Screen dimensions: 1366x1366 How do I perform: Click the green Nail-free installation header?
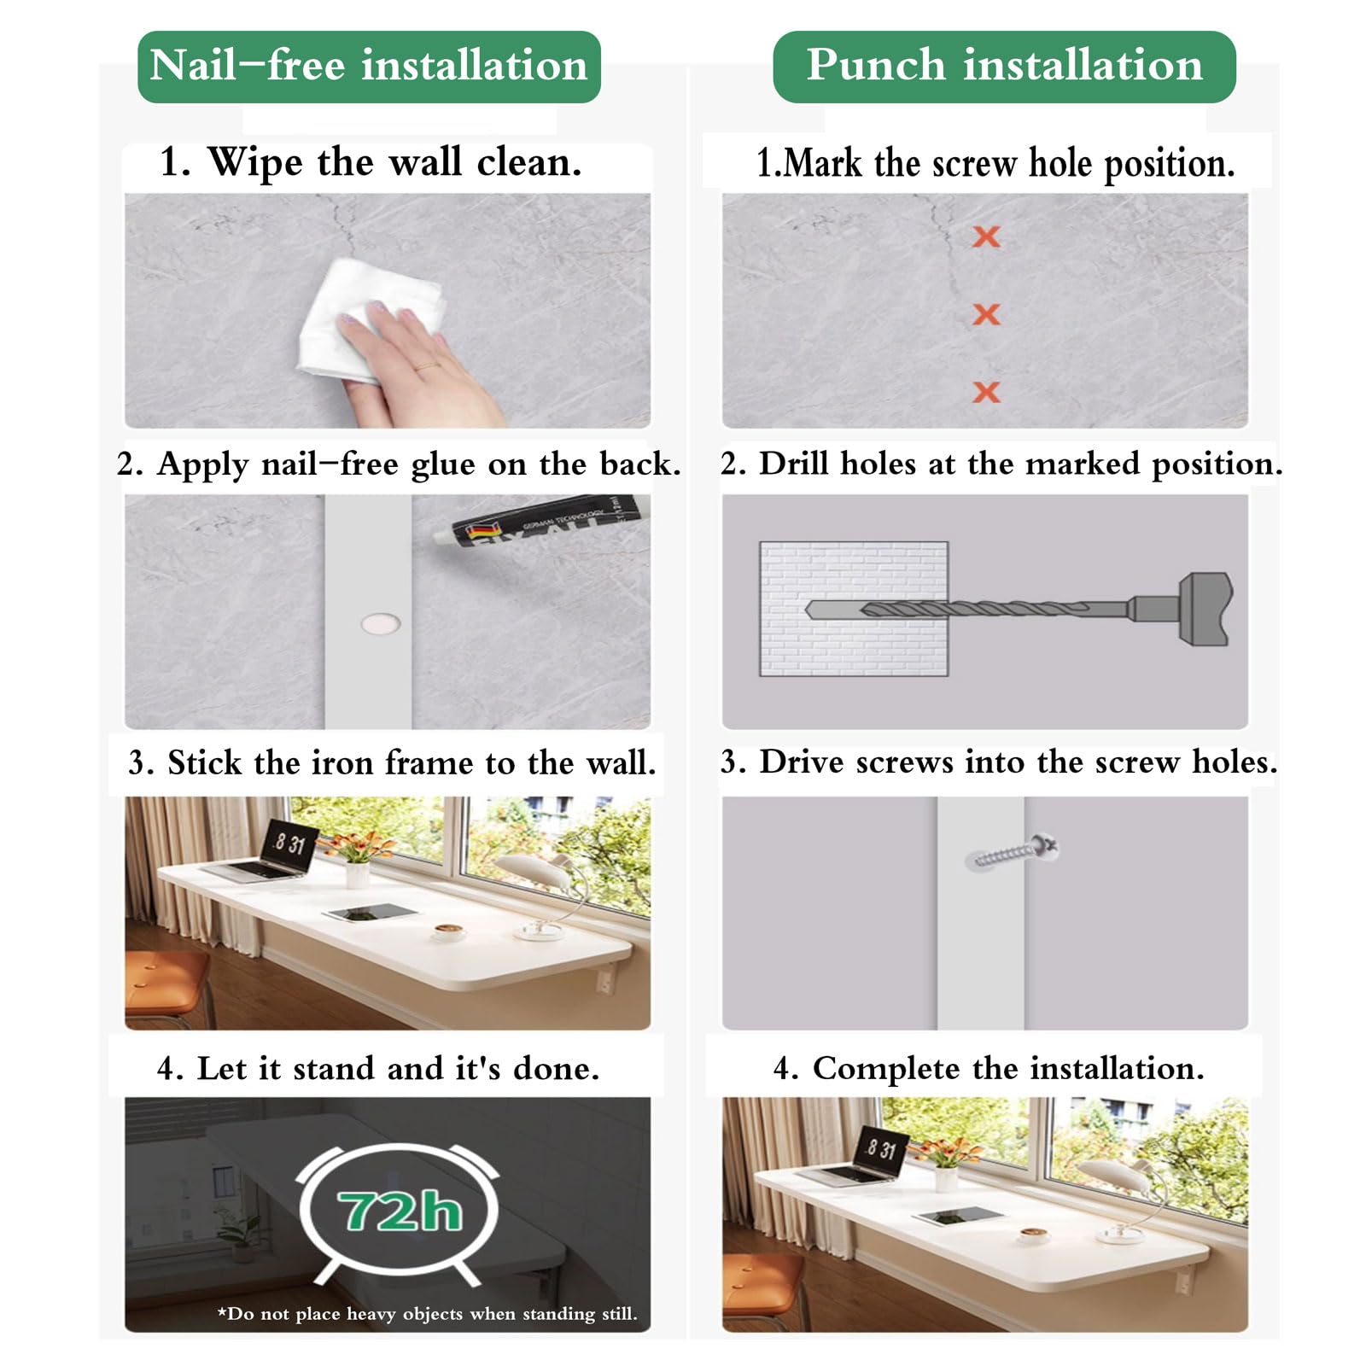[x=369, y=67]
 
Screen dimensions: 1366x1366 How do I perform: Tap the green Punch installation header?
[x=1004, y=67]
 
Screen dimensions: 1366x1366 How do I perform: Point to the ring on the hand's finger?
[x=425, y=365]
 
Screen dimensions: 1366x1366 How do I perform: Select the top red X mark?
[x=986, y=236]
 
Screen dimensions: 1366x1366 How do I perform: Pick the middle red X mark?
[x=986, y=314]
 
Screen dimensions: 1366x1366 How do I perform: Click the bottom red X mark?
[x=986, y=392]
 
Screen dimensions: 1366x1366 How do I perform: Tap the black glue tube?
[x=542, y=521]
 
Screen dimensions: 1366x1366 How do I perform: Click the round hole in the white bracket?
[x=381, y=624]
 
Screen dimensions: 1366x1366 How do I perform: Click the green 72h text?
[x=400, y=1211]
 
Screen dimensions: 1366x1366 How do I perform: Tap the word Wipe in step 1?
[x=254, y=162]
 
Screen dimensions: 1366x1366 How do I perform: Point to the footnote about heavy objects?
[x=427, y=1313]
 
